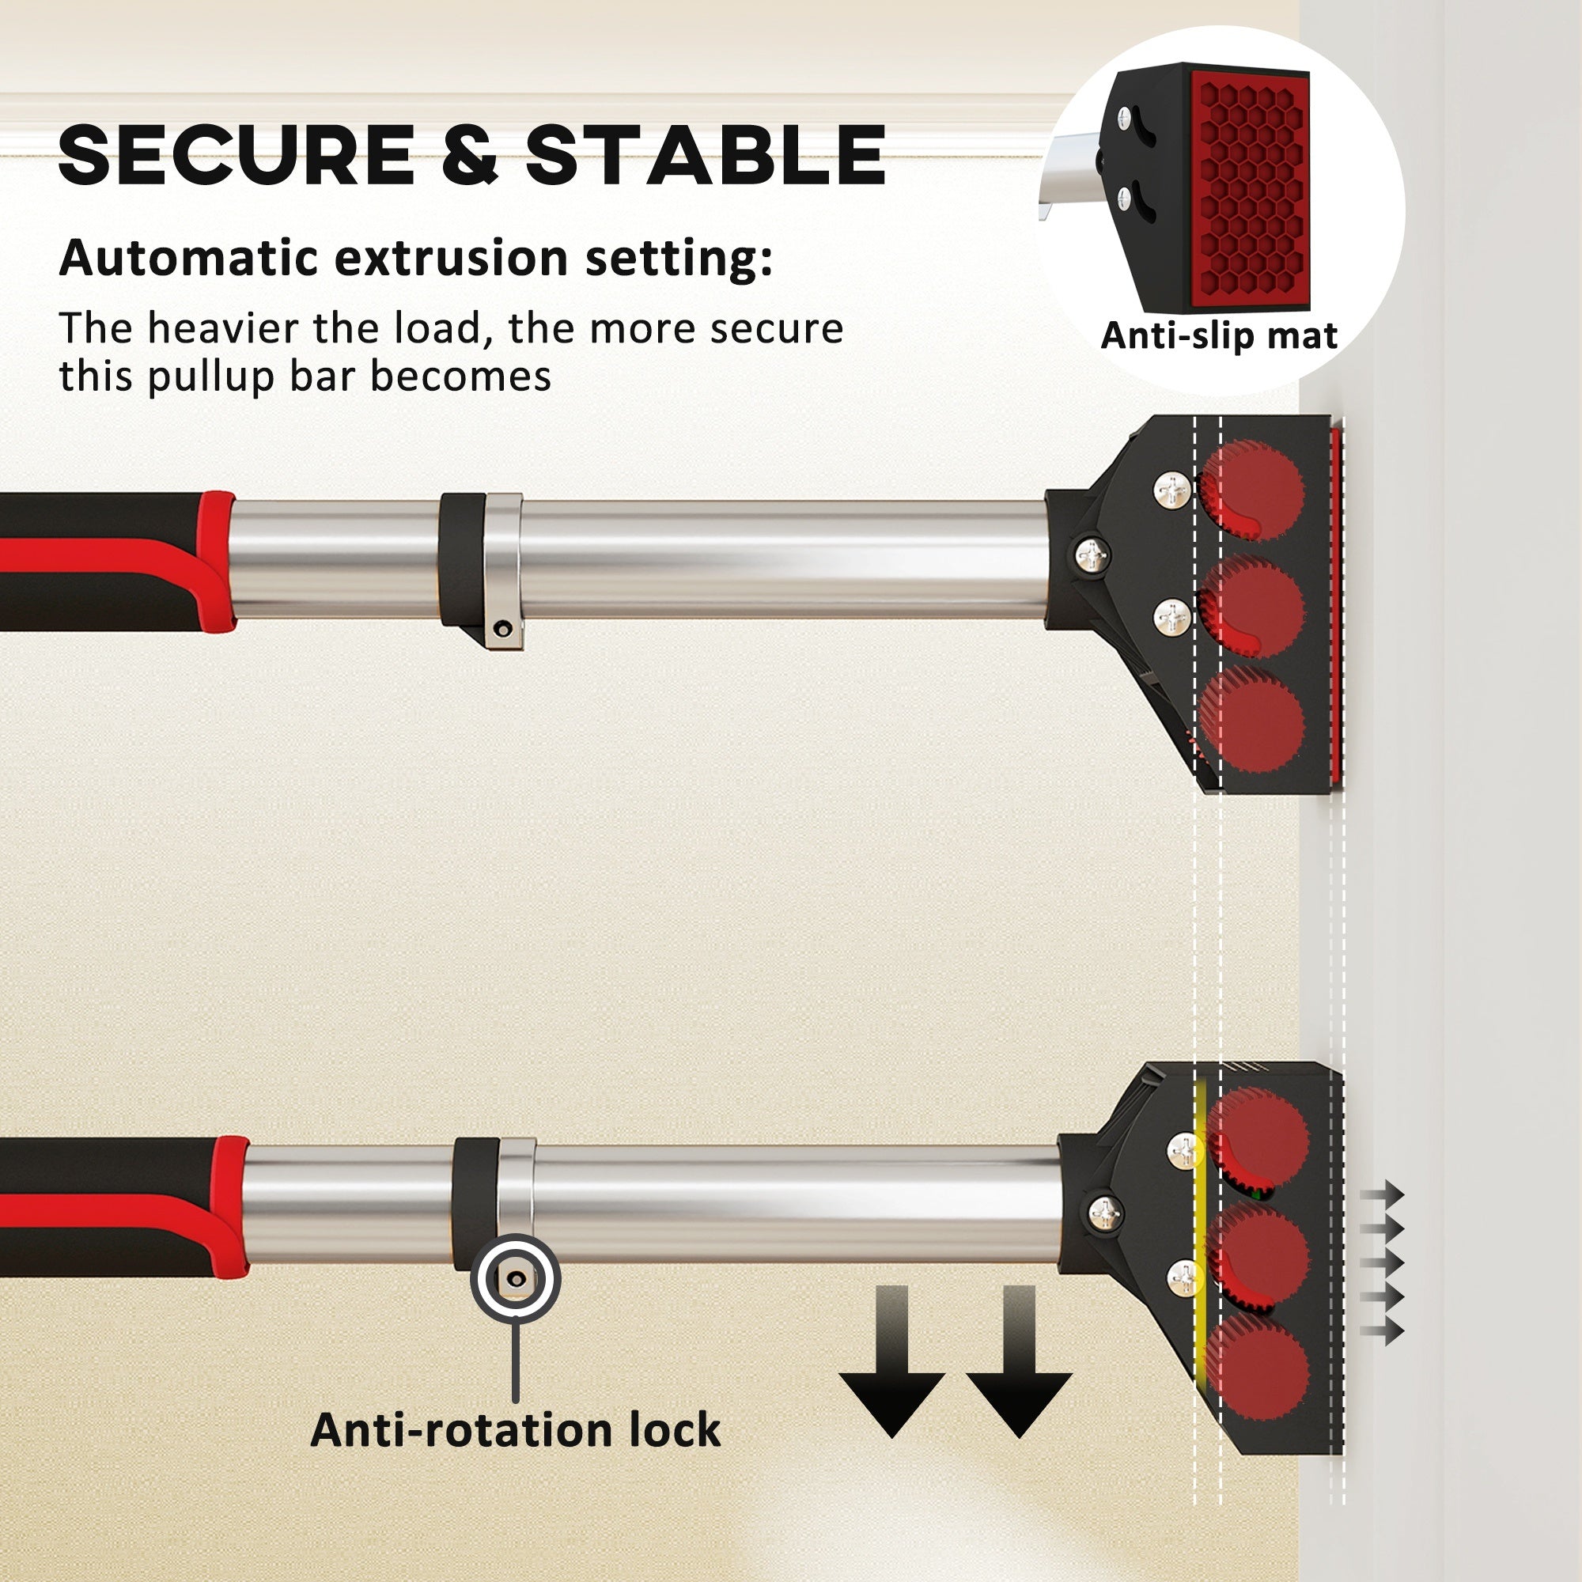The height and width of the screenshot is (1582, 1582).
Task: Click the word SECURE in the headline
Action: pos(236,156)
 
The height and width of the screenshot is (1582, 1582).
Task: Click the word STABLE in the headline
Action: pos(706,156)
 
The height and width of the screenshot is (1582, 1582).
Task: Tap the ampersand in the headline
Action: pos(469,156)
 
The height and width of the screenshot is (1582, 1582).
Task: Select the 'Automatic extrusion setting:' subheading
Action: pos(415,259)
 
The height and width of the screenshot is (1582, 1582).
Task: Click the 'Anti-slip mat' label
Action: pos(1219,335)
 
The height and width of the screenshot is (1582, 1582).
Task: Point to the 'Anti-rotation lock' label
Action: pos(515,1429)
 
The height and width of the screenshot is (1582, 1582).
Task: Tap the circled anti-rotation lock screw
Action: pos(516,1278)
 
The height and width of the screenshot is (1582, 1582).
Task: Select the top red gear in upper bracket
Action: pos(1252,490)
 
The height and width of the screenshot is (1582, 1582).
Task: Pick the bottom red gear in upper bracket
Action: pos(1252,721)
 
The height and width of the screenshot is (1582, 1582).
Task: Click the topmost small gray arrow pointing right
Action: pos(1382,1194)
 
